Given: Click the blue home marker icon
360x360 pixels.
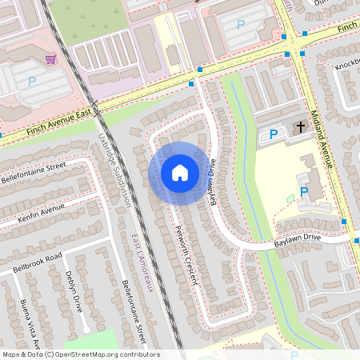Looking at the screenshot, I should pos(179,173).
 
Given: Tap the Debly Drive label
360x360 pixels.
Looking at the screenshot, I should pos(73,291).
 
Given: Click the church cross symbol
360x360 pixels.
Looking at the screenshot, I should pos(301,126).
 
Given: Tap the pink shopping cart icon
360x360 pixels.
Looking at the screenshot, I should pos(50,59).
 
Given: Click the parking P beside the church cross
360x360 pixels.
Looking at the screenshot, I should pos(274,135).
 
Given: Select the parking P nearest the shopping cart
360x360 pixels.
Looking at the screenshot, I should pos(32,81).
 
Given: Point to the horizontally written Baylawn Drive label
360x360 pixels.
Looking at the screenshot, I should pos(286,238).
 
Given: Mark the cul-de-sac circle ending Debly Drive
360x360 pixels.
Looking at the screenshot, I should pos(86,330).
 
